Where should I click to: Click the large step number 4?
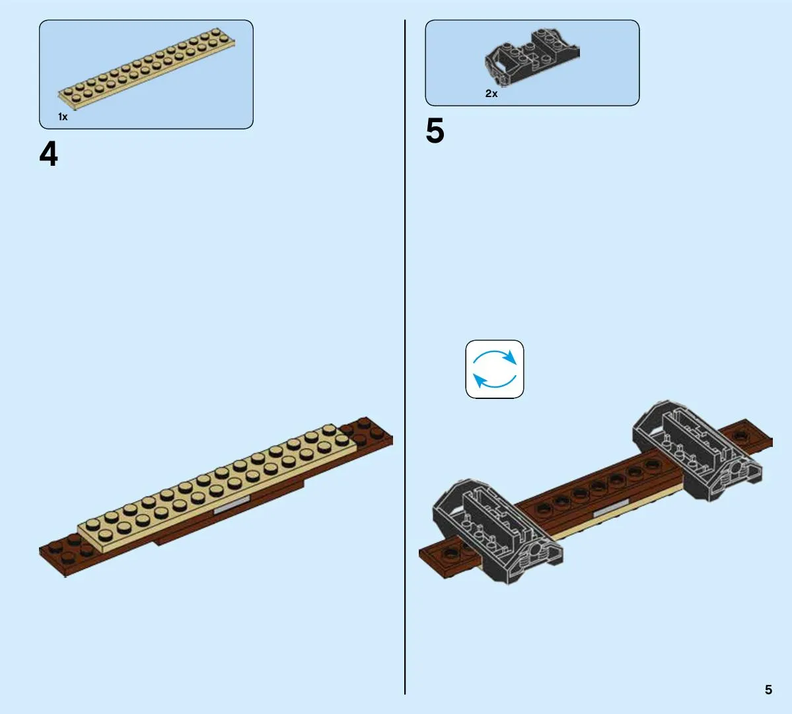click(48, 153)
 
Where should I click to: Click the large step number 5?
click(435, 131)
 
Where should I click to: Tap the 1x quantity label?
click(63, 117)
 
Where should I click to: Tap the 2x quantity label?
click(491, 93)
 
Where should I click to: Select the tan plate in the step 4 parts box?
click(147, 69)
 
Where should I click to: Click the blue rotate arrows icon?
click(495, 369)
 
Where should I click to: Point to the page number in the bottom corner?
click(768, 690)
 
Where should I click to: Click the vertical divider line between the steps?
click(404, 357)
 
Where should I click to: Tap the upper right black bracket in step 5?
click(697, 451)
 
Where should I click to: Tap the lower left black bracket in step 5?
click(497, 531)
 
